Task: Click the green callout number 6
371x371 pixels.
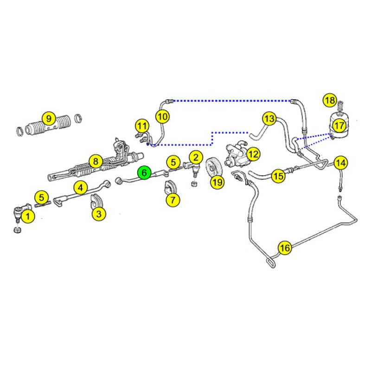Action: tap(144, 173)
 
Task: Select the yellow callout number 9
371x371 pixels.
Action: tap(49, 118)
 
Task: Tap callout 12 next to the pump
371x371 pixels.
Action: tap(253, 154)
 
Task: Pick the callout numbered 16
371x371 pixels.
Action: tap(285, 248)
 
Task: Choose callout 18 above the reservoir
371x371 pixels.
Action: tap(330, 100)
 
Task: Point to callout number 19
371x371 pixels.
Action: tap(217, 182)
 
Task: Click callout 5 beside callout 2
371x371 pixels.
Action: tap(173, 162)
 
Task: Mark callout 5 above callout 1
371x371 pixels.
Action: tap(42, 198)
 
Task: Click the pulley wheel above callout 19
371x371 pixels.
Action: tap(213, 168)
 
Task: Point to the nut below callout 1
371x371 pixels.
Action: tap(18, 230)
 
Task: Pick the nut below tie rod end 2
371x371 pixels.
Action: tap(194, 184)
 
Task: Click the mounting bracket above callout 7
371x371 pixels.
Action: tap(170, 187)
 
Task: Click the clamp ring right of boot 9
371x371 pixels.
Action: tap(78, 118)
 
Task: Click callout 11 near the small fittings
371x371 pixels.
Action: tap(142, 126)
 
